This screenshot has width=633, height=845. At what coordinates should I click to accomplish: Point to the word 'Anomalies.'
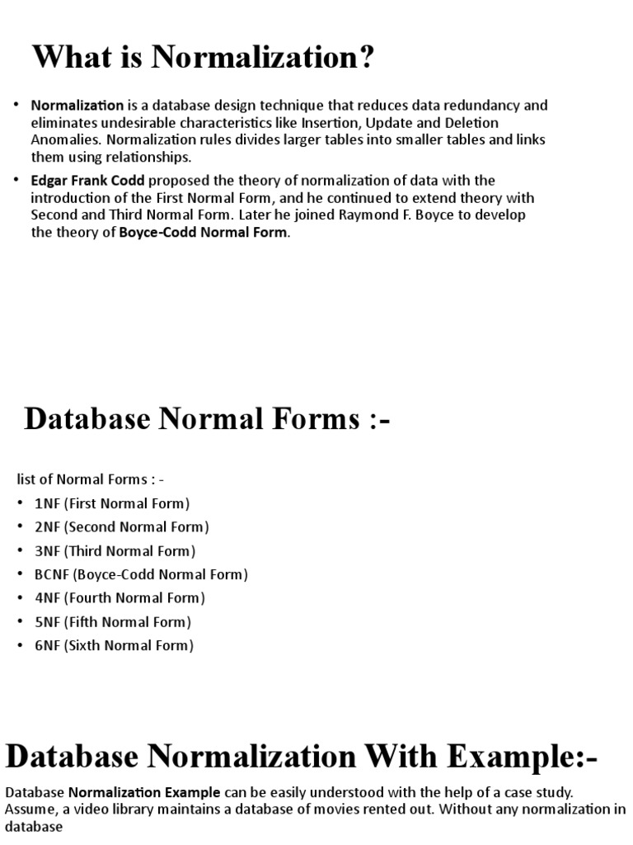coord(67,140)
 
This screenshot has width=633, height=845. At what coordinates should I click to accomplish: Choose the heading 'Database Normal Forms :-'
coord(207,419)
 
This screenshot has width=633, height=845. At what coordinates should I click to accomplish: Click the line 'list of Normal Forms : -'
coord(91,479)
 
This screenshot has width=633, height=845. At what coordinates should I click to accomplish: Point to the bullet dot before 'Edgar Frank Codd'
coord(18,181)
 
